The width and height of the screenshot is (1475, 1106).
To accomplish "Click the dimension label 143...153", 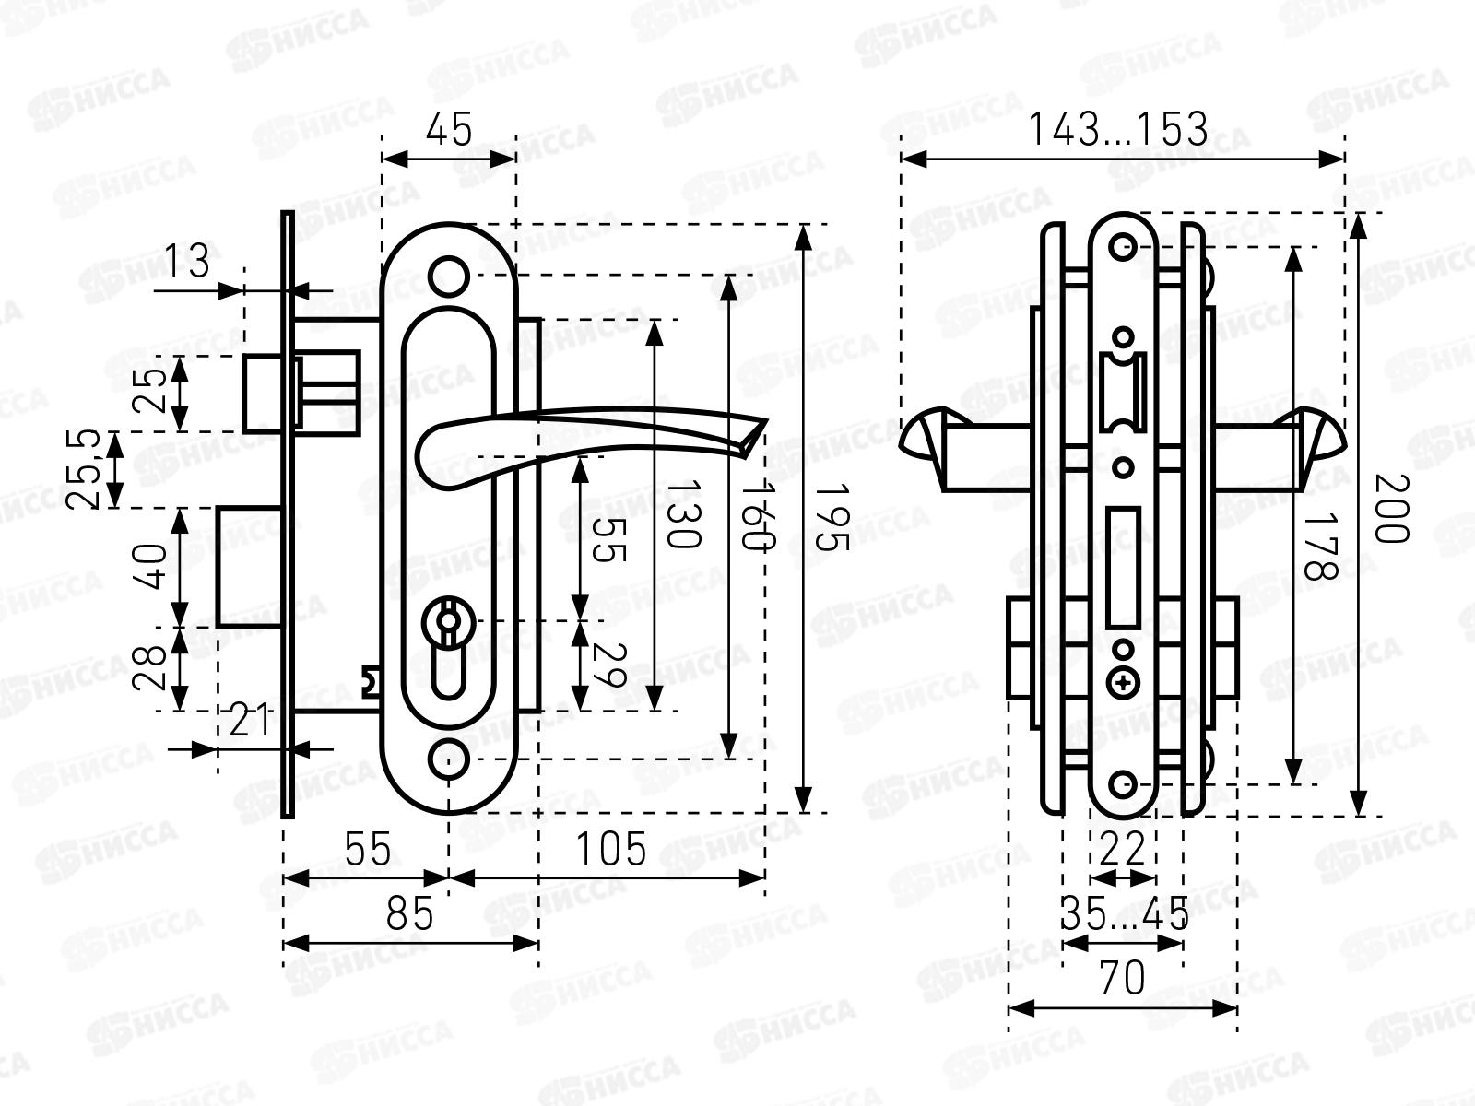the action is (1118, 129).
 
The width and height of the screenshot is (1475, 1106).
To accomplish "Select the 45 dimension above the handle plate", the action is (449, 129).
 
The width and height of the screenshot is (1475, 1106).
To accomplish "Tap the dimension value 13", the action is (187, 261).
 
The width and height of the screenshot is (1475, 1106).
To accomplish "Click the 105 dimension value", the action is (611, 849).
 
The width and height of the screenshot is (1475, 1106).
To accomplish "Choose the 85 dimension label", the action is (409, 914).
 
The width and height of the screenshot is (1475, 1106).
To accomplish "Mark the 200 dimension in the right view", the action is (1392, 509).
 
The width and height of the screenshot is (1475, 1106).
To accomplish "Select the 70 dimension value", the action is (1122, 979).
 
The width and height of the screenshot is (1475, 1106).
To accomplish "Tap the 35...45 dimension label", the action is (1124, 913).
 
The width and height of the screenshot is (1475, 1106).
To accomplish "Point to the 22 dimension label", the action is (1122, 849).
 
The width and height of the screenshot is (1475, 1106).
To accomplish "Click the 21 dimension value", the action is (250, 721).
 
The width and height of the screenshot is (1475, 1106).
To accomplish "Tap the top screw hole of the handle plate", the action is (449, 276).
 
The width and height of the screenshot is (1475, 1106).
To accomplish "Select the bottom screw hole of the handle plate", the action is (449, 759).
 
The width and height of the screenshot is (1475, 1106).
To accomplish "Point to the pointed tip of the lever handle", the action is (766, 421).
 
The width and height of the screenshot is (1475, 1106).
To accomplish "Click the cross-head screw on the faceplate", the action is (1123, 684).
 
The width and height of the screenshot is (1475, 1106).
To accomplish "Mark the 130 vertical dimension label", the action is (683, 513).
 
